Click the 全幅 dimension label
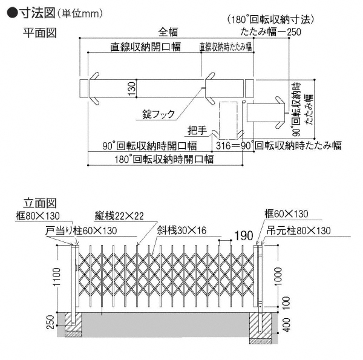169,31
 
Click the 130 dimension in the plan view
132,89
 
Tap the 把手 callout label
197,129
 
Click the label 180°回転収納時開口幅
160,160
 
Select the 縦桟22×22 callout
119,215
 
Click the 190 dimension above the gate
242,235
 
